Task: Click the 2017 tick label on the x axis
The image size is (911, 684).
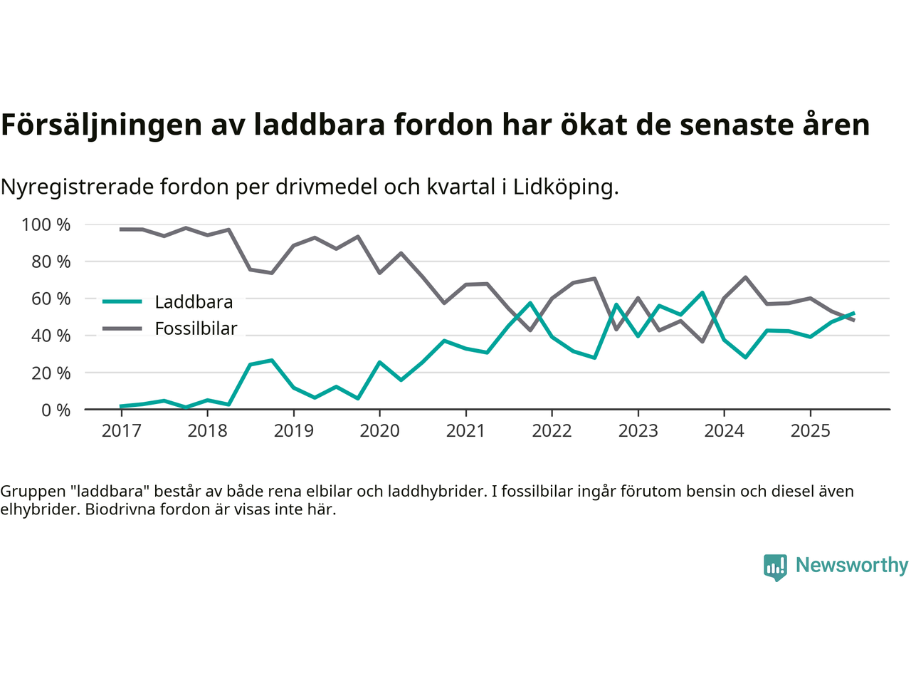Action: (121, 431)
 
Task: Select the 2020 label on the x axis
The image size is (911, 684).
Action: (379, 431)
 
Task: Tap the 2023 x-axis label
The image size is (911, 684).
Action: (638, 431)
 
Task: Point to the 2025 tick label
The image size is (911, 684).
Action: (810, 431)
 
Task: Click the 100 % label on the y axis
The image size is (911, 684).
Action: (46, 225)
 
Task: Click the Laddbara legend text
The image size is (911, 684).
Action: (194, 302)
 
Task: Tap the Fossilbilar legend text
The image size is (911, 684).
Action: (196, 328)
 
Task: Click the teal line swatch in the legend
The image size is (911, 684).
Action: (122, 301)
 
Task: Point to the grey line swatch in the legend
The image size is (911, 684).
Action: (122, 328)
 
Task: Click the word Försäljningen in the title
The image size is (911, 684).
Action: (102, 125)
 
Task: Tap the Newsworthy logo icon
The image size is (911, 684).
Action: (775, 567)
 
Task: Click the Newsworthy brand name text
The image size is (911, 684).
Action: (851, 565)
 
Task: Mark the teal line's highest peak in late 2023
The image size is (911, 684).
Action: (702, 293)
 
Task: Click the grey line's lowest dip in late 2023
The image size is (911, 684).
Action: (702, 341)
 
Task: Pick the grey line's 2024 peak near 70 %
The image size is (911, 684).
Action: (745, 277)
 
